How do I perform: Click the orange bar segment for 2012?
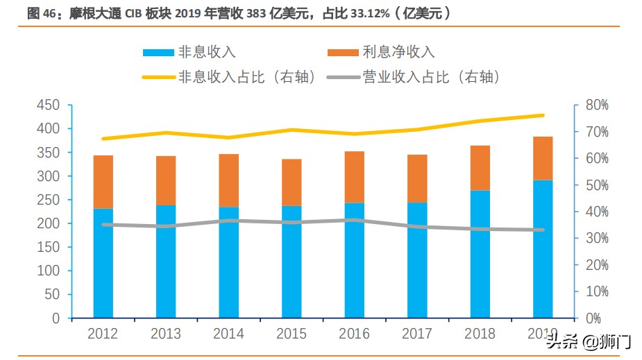103,182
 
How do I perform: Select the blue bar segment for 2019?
543,249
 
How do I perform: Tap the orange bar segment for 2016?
354,177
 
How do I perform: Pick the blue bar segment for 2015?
292,262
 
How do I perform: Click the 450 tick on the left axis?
51,105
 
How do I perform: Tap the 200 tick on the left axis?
51,224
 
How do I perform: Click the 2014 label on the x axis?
228,334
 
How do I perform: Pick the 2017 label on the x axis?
416,334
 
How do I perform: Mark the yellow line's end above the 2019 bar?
543,115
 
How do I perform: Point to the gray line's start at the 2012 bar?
103,225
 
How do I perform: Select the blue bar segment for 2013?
166,262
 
